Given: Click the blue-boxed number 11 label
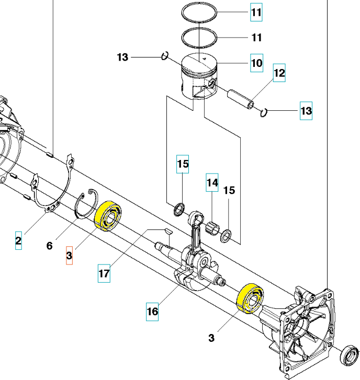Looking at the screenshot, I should click(256, 13).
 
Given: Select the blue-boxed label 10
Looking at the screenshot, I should click(256, 63).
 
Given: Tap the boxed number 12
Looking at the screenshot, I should click(279, 73).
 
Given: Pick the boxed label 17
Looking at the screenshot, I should click(104, 273).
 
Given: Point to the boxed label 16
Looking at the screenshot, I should click(152, 312).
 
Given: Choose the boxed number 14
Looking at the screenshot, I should click(212, 183).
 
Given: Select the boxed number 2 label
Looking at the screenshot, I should click(18, 241).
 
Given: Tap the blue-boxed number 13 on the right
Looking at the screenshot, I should click(306, 111).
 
